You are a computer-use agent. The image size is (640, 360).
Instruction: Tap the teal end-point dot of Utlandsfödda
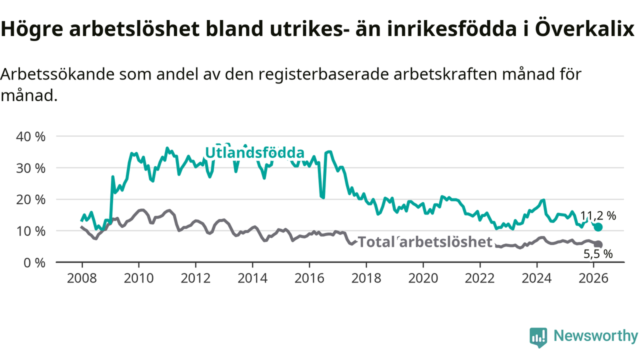[598, 227]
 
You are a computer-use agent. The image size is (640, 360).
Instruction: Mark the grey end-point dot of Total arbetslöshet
[598, 244]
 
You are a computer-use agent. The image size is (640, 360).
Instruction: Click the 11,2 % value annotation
[598, 216]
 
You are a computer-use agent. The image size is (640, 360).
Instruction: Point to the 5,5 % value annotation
[598, 254]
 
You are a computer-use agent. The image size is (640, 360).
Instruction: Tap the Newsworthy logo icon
[538, 337]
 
